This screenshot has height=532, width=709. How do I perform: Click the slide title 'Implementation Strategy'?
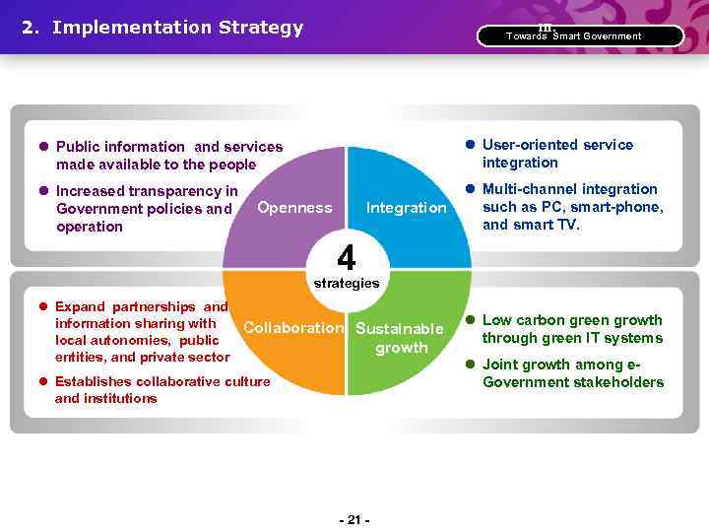point(177,28)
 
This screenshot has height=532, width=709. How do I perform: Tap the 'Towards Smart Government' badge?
point(579,36)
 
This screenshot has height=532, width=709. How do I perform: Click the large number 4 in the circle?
point(346,258)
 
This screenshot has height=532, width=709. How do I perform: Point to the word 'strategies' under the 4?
point(346,283)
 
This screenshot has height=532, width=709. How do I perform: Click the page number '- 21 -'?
point(354,519)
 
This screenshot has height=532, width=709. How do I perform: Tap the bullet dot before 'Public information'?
point(44,147)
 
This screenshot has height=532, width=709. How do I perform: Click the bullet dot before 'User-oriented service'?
point(470,145)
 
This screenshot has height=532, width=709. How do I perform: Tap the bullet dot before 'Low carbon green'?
point(470,320)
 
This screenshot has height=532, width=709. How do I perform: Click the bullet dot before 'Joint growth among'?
point(470,365)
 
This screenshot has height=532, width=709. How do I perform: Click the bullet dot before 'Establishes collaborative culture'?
point(43,381)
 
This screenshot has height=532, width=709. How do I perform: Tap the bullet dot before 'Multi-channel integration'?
point(470,189)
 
